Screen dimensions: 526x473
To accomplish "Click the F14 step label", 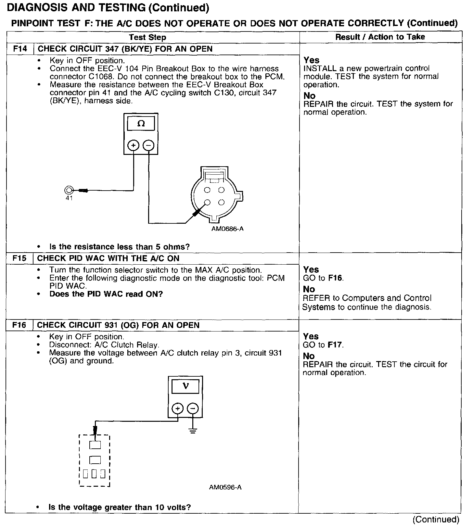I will coord(19,49).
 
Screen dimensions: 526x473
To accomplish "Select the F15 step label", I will coord(19,258).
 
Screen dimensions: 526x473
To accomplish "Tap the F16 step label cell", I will coord(19,325).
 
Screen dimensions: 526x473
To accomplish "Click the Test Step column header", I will coord(147,37).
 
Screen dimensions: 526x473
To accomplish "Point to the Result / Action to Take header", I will coord(380,37).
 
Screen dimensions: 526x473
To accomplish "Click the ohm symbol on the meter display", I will coord(141,124).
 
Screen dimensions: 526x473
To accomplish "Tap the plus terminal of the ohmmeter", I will coord(133,145).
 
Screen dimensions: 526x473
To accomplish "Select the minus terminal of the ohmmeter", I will coord(148,145).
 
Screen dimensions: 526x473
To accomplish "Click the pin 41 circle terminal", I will coord(69,190).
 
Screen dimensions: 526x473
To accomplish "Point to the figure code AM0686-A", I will coord(227,229).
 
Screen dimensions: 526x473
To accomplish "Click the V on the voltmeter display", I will coord(185,386).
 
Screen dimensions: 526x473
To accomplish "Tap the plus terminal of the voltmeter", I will coord(177,408).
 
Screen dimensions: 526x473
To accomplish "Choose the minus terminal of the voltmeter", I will coord(193,408).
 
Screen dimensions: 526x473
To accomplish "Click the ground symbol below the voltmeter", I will coord(193,432).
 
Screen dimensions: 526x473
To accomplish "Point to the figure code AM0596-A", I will coord(225,487).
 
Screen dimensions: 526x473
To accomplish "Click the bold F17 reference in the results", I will coord(335,345).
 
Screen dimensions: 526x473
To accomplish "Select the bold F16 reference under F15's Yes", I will coord(335,278).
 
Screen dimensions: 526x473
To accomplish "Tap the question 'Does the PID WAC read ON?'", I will coord(106,294).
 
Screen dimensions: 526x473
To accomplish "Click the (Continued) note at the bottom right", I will coord(436,520).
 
